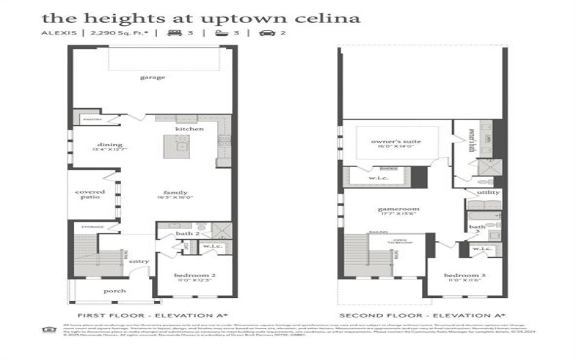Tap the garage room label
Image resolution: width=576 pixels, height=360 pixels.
click(153, 77)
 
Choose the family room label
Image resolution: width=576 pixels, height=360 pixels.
click(175, 193)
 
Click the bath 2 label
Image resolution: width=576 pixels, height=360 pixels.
click(187, 233)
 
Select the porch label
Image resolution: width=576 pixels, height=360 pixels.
click(114, 291)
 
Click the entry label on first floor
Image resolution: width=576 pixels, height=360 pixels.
click(138, 261)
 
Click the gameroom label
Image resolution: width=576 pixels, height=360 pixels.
click(398, 210)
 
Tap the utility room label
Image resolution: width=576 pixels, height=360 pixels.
click(487, 193)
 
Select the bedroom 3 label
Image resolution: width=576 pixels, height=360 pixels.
click(460, 276)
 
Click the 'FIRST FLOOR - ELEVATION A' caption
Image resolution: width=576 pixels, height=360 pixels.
click(153, 315)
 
